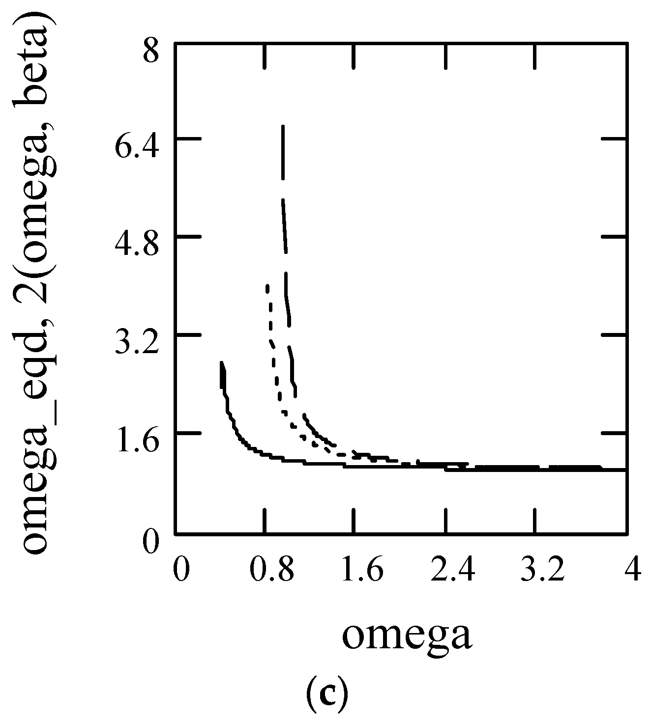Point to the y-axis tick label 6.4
(135, 149)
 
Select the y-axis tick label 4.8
(135, 247)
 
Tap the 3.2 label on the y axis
(135, 345)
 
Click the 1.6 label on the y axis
(135, 443)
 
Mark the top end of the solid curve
(222, 363)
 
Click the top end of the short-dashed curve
(267, 286)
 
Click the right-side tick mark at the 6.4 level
(614, 139)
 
